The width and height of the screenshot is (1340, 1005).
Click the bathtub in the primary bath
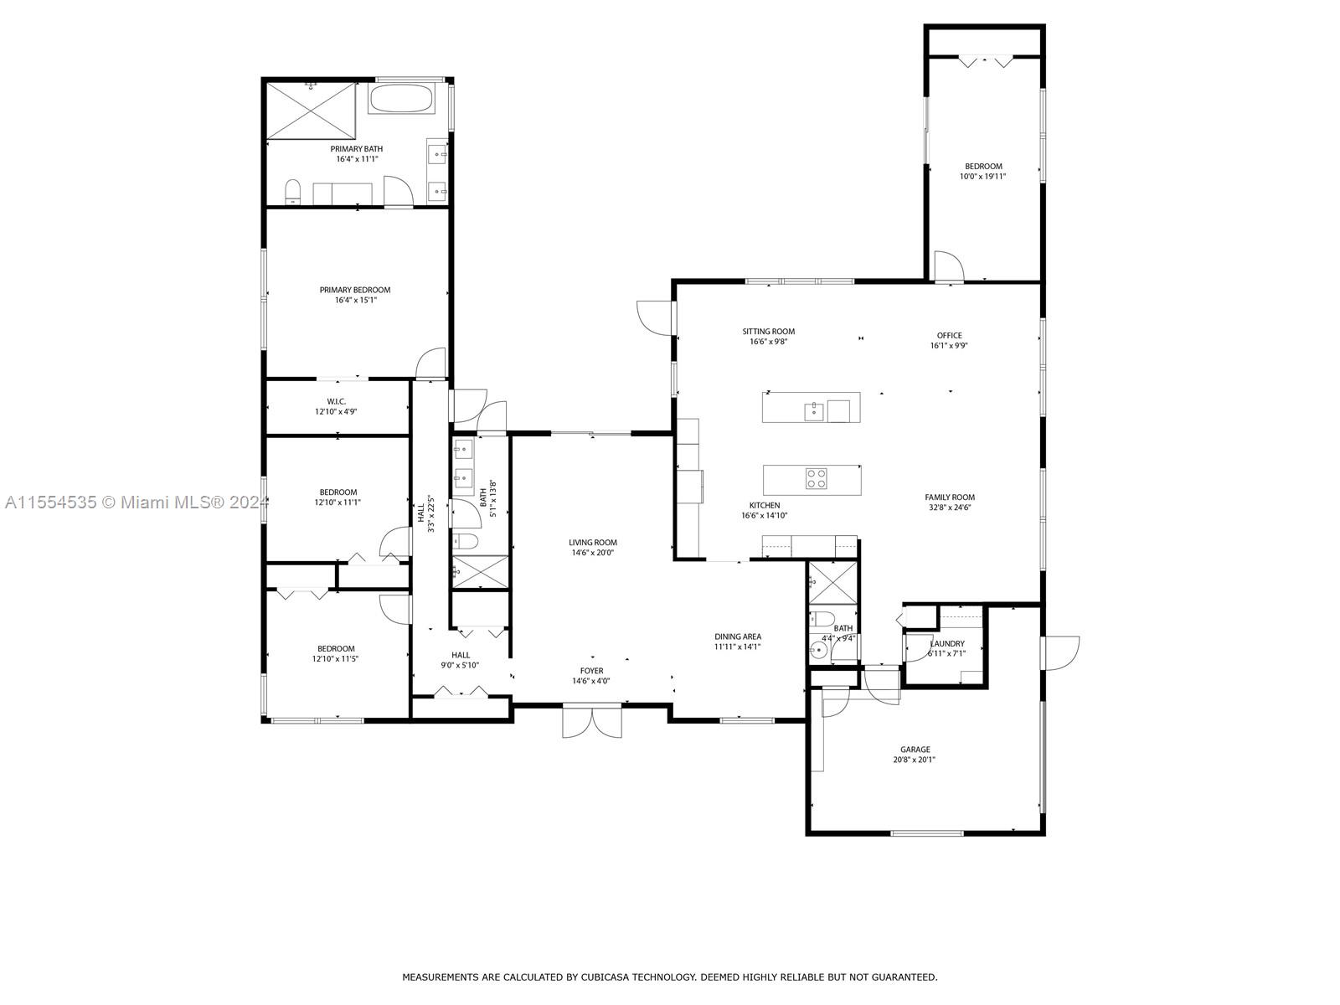click(399, 98)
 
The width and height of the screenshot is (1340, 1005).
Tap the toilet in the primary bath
click(293, 191)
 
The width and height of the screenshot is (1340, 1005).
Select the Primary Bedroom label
click(355, 290)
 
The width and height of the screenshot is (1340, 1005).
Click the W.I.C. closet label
click(336, 401)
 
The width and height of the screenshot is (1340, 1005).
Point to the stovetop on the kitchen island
click(817, 478)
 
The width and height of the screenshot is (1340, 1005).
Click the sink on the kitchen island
click(814, 412)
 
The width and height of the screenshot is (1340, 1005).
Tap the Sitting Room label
click(769, 332)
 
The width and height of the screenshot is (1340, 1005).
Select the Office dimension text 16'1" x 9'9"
click(949, 345)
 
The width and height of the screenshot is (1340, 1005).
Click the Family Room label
click(950, 497)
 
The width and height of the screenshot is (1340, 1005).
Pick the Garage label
click(915, 750)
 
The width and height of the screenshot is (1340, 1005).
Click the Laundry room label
click(947, 644)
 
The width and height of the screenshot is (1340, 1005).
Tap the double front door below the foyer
click(592, 721)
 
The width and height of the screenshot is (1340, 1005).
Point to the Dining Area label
click(738, 636)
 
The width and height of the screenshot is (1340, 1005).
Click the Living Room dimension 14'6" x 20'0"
click(593, 553)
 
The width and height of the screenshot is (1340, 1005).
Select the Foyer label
click(591, 671)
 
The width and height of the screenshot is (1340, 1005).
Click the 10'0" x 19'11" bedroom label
click(983, 177)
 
